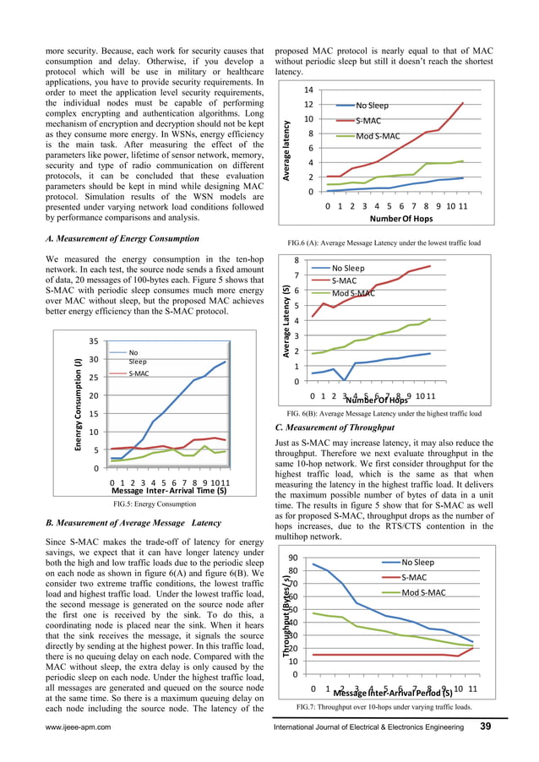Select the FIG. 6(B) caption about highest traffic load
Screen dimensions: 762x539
pos(384,414)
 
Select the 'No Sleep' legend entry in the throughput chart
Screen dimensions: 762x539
pos(417,562)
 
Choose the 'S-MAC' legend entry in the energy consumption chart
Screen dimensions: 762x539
pos(139,373)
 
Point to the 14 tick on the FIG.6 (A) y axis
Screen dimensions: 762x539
pos(310,90)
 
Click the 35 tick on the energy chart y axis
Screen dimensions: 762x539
pos(95,341)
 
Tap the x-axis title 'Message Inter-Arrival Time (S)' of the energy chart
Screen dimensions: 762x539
pos(169,490)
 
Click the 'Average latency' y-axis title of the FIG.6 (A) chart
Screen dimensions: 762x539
pos(288,149)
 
